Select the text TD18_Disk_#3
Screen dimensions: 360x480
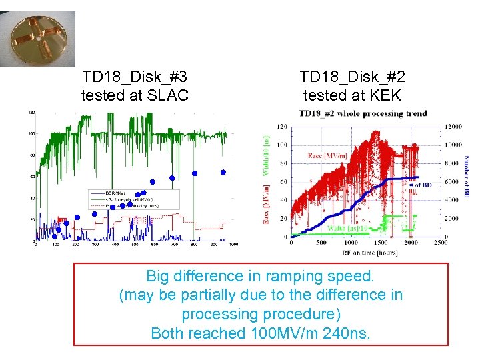point(135,77)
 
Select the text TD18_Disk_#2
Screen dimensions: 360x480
point(352,77)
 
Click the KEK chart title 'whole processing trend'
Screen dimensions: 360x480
point(383,113)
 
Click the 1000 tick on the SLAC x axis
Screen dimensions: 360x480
point(233,245)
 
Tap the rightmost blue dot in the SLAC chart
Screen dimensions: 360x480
point(223,172)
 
